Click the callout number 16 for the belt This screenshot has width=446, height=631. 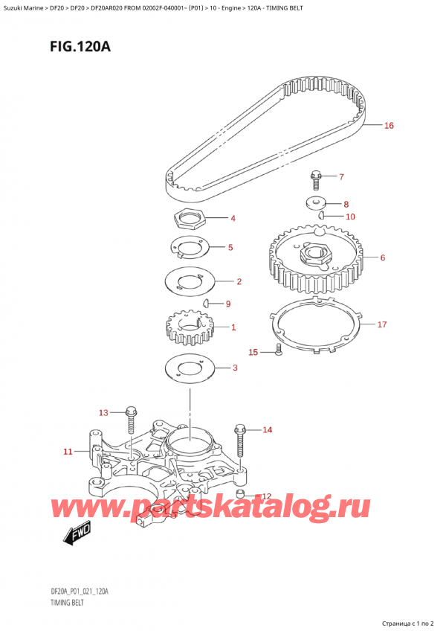tap(388, 126)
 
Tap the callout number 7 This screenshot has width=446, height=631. tap(341, 177)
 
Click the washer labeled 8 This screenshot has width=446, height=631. tap(317, 202)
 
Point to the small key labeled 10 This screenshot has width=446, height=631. tap(321, 216)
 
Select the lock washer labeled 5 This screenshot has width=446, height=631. tap(186, 248)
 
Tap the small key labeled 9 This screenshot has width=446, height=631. tap(207, 303)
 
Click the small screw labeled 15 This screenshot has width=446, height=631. tap(278, 350)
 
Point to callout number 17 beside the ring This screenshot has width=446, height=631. tap(382, 324)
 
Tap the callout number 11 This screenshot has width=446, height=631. tap(68, 451)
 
